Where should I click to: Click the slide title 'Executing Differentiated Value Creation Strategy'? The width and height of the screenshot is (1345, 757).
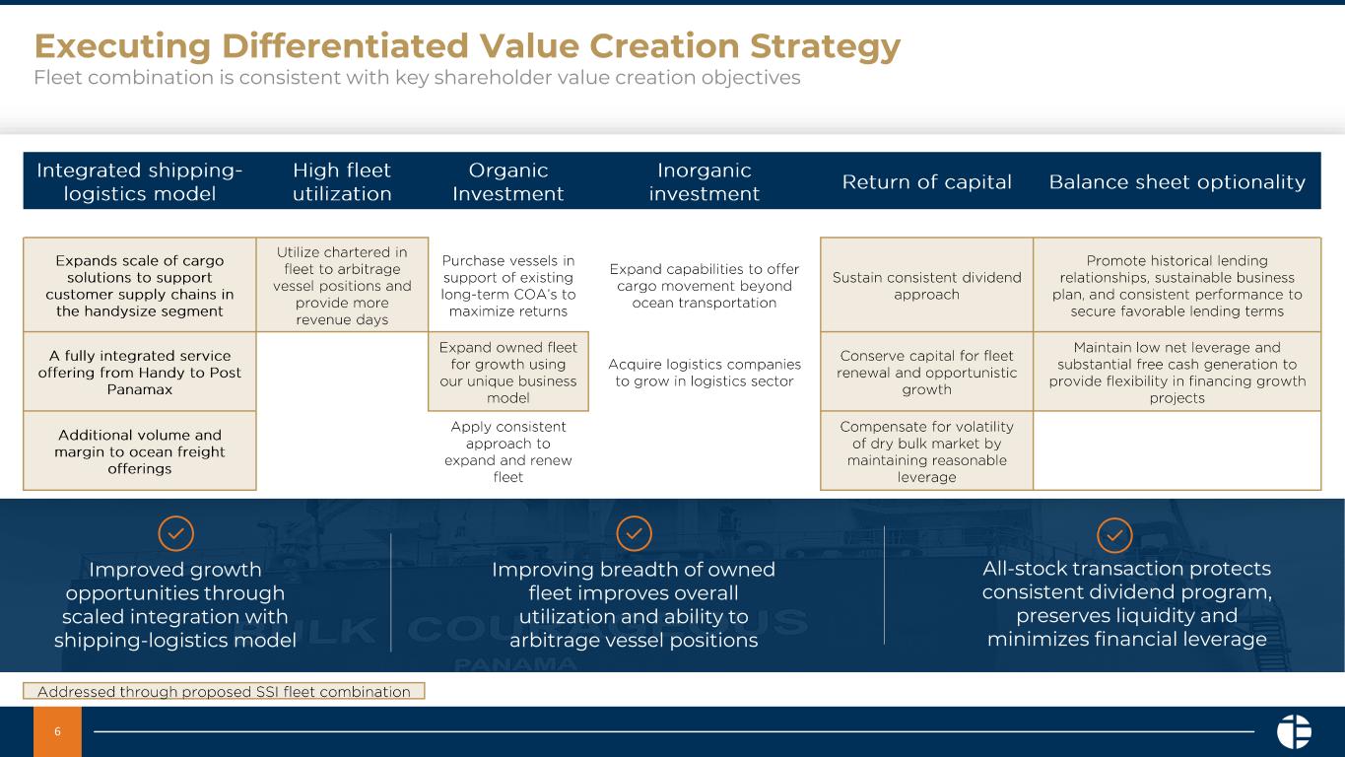pyautogui.click(x=467, y=46)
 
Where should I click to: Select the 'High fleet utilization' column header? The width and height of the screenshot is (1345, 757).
pyautogui.click(x=342, y=181)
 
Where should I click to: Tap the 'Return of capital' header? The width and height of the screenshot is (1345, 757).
pyautogui.click(x=926, y=181)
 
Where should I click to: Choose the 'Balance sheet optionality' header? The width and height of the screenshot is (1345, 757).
pyautogui.click(x=1177, y=181)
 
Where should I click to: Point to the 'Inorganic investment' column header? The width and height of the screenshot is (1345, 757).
pyautogui.click(x=704, y=181)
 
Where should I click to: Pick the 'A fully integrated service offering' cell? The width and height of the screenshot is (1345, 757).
pyautogui.click(x=139, y=372)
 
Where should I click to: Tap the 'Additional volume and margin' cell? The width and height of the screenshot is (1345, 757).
pyautogui.click(x=139, y=451)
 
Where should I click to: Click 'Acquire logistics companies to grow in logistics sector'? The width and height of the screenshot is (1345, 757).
pyautogui.click(x=705, y=373)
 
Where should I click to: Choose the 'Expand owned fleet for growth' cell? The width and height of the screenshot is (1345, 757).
pyautogui.click(x=508, y=372)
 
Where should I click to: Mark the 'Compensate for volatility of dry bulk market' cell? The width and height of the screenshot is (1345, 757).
pyautogui.click(x=926, y=451)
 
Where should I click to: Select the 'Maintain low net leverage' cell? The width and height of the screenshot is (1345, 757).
pyautogui.click(x=1177, y=372)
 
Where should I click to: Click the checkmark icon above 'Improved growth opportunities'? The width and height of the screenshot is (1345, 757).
pyautogui.click(x=176, y=533)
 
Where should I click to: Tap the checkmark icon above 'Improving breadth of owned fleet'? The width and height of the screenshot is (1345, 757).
pyautogui.click(x=635, y=533)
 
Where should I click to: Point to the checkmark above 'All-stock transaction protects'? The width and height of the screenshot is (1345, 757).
pyautogui.click(x=1114, y=534)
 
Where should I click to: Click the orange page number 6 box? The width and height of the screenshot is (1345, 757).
pyautogui.click(x=57, y=731)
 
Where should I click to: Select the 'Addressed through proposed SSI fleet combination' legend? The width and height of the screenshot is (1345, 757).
pyautogui.click(x=224, y=691)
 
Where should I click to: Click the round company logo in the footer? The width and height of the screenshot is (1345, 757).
pyautogui.click(x=1294, y=731)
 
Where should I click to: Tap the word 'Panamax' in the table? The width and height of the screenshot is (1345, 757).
pyautogui.click(x=139, y=389)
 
